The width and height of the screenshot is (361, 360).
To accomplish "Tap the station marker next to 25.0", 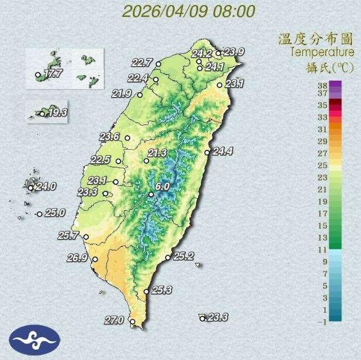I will [39, 214].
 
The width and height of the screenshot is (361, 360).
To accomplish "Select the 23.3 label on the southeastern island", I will [217, 317].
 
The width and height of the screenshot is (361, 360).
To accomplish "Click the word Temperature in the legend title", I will [322, 52].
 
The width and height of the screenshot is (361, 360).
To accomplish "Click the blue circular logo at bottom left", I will [34, 338].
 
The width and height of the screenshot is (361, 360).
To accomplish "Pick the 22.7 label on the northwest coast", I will [143, 62].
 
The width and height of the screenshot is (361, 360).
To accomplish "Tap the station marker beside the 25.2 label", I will [168, 257].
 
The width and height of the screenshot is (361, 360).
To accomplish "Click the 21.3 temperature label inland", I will [158, 153].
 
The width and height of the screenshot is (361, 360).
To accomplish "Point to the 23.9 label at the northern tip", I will [234, 52].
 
